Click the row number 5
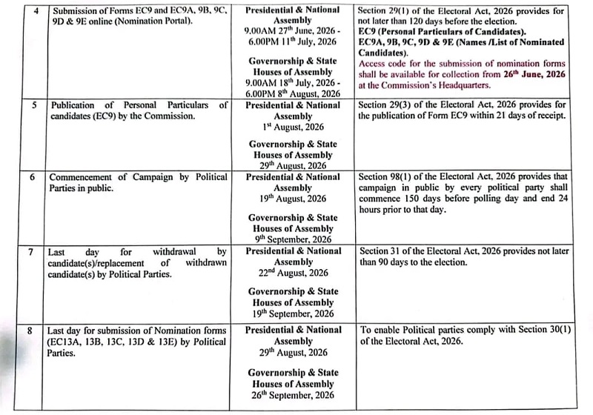point(33,106)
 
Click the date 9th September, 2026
point(292,239)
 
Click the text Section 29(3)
point(387,106)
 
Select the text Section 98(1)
point(388,179)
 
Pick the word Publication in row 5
point(76,106)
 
